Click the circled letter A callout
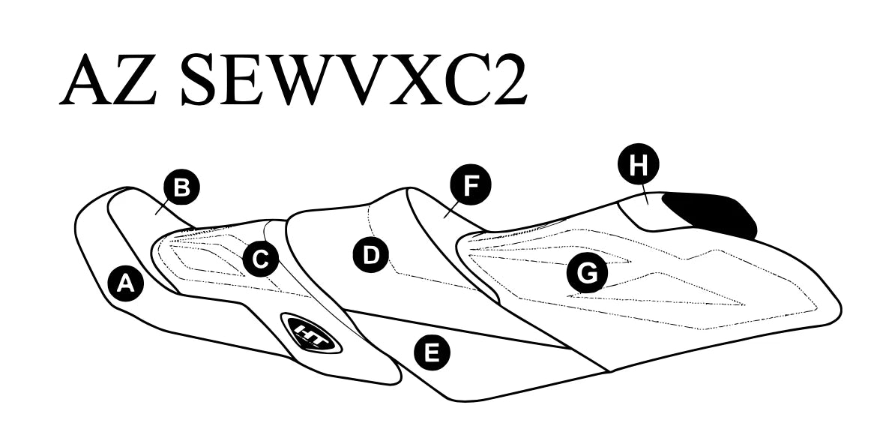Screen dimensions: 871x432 click(126, 283)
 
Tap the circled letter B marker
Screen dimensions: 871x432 click(181, 188)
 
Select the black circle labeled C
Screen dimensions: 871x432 click(261, 259)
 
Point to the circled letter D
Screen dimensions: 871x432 click(371, 255)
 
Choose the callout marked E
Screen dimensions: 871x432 click(433, 352)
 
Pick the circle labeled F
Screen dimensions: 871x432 click(471, 185)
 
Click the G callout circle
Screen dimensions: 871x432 click(587, 274)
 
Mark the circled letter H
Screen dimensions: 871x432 click(638, 164)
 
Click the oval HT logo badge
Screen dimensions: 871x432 click(312, 333)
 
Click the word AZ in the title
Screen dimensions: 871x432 click(108, 79)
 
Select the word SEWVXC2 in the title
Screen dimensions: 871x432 click(354, 79)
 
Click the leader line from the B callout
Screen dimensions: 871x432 click(162, 208)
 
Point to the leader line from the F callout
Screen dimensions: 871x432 click(450, 211)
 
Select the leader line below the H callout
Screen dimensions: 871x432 click(647, 194)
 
